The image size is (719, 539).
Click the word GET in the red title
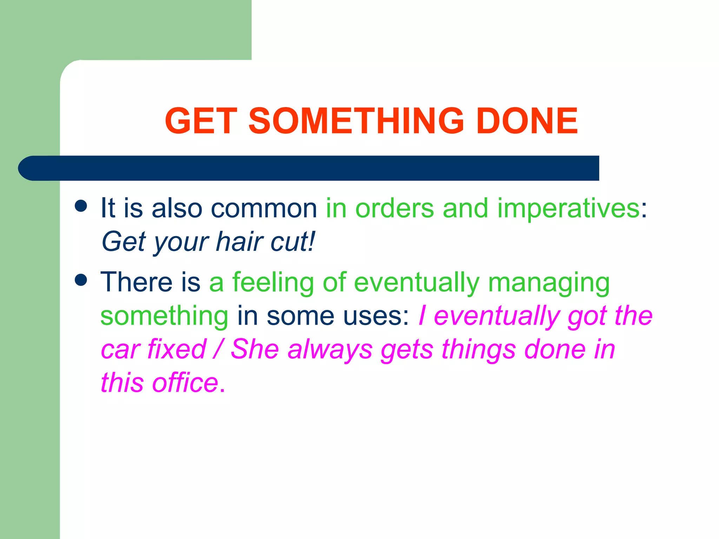click(200, 121)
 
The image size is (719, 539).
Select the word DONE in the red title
click(527, 121)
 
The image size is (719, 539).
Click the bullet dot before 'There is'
click(81, 280)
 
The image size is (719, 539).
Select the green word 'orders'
click(395, 208)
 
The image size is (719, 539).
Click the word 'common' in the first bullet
click(264, 208)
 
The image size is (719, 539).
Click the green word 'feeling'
click(273, 282)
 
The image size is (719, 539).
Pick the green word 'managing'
click(549, 283)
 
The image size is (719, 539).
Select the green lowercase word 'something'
click(164, 316)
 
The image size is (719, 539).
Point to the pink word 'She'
click(255, 350)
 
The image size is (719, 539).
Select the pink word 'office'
click(185, 382)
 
